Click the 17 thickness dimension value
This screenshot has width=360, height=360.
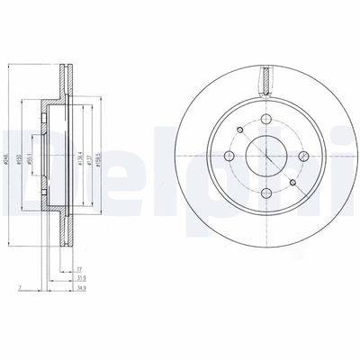(x=80, y=268)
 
